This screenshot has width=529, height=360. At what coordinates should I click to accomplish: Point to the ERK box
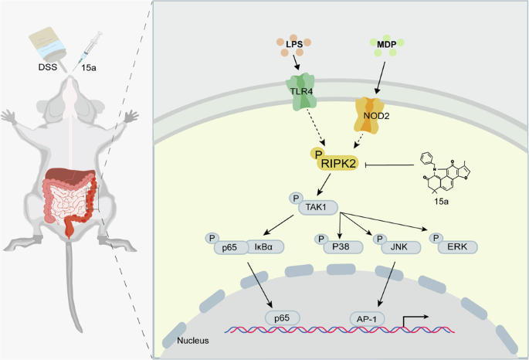(455, 247)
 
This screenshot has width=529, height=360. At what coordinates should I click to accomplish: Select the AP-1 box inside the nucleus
(363, 317)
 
